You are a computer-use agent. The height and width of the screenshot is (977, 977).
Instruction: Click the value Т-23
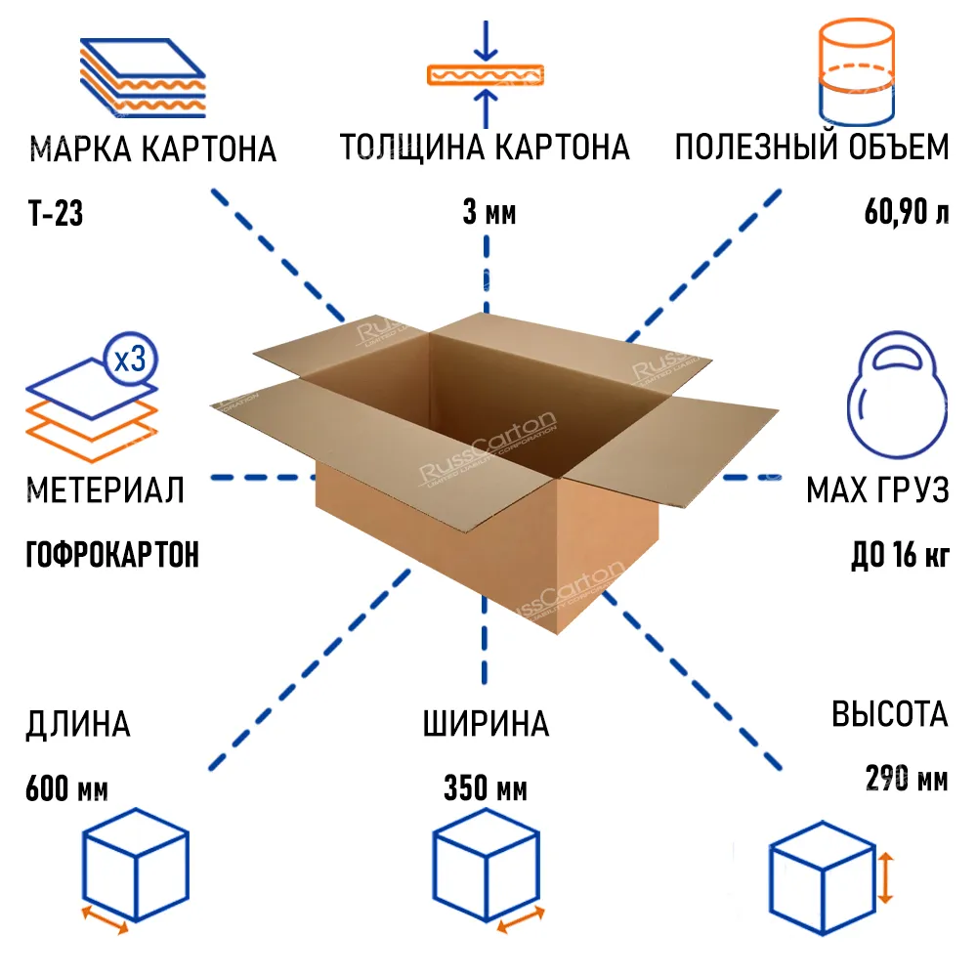coord(55,213)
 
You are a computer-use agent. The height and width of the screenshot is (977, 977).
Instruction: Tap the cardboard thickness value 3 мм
coord(488,213)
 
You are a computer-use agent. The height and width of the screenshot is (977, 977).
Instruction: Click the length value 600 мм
coord(66,788)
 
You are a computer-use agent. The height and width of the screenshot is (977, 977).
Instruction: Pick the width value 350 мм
coord(486,788)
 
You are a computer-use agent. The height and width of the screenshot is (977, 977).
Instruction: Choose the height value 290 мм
coord(906,780)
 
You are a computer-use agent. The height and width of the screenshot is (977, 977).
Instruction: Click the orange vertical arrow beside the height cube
coord(884,876)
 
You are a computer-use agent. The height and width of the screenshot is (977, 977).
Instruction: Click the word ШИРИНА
coord(486,725)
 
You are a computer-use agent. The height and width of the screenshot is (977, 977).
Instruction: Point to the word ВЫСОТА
coord(890,714)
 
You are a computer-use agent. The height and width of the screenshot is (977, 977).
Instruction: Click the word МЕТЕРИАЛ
coord(106,490)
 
